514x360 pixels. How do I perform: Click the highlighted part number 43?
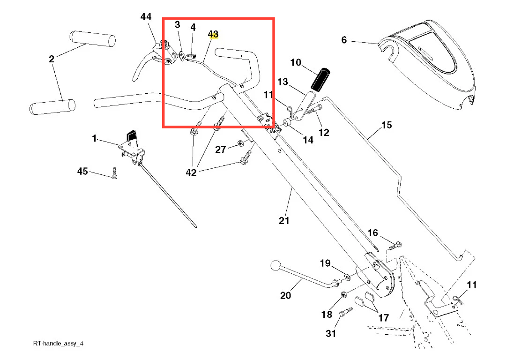click(x=213, y=34)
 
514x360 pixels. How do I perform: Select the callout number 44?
click(x=146, y=17)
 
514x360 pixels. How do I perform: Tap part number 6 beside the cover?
click(x=344, y=40)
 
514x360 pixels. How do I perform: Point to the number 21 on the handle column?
click(x=284, y=220)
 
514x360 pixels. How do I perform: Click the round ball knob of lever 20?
click(x=275, y=265)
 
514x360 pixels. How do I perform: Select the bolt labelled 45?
click(x=114, y=173)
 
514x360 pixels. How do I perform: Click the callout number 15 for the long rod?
click(x=387, y=125)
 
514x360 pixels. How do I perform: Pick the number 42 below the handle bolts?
click(x=191, y=172)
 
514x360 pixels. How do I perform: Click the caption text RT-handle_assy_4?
click(x=58, y=344)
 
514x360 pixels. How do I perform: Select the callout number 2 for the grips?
click(x=52, y=59)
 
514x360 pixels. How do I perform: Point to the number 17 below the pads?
click(x=383, y=318)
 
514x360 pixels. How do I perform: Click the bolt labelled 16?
click(x=396, y=244)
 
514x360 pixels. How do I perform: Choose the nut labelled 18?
click(x=343, y=295)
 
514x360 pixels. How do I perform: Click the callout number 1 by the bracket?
click(x=94, y=139)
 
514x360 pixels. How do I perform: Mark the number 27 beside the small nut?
click(x=221, y=150)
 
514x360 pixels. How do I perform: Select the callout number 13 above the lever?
click(x=283, y=82)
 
